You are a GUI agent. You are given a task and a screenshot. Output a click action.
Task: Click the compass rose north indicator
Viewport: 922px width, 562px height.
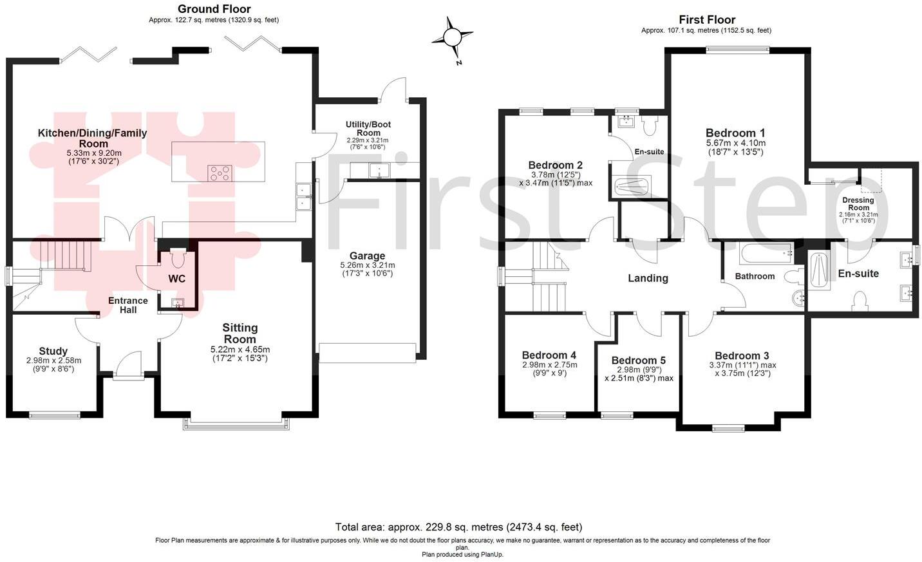pos(453,38)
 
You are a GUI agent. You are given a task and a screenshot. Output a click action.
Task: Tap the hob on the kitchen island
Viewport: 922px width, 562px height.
pos(220,173)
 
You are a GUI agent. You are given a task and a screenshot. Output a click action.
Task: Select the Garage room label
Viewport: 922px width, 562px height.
pos(367,256)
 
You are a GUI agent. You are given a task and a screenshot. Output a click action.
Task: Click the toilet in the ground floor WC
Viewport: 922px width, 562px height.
pos(178,258)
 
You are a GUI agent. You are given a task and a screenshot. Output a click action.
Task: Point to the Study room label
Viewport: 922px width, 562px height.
pos(53,351)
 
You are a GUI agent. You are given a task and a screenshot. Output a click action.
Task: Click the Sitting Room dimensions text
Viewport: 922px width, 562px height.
pos(240,353)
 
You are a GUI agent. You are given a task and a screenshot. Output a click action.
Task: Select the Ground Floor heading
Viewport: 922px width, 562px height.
pos(214,9)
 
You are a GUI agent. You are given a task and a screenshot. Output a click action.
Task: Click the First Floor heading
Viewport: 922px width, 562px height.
pos(706,20)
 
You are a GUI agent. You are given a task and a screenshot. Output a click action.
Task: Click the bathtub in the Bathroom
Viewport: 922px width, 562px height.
pos(766,254)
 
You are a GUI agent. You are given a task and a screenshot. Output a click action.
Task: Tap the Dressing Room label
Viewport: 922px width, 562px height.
pos(858,203)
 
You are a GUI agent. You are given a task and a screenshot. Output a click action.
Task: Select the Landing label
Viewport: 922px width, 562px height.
pos(648,278)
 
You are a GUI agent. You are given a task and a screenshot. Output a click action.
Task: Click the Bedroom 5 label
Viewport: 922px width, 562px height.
pos(638,361)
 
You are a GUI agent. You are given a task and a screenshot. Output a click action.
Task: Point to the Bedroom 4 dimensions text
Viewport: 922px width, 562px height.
pos(549,368)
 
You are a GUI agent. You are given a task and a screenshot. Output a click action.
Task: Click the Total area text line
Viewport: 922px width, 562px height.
pos(458,527)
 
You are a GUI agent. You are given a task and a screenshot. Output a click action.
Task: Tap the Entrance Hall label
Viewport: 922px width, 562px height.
pos(127,305)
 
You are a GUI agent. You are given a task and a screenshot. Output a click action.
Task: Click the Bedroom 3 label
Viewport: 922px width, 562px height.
pos(742,355)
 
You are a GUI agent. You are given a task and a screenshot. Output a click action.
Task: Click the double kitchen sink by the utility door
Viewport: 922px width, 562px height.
pos(303,196)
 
